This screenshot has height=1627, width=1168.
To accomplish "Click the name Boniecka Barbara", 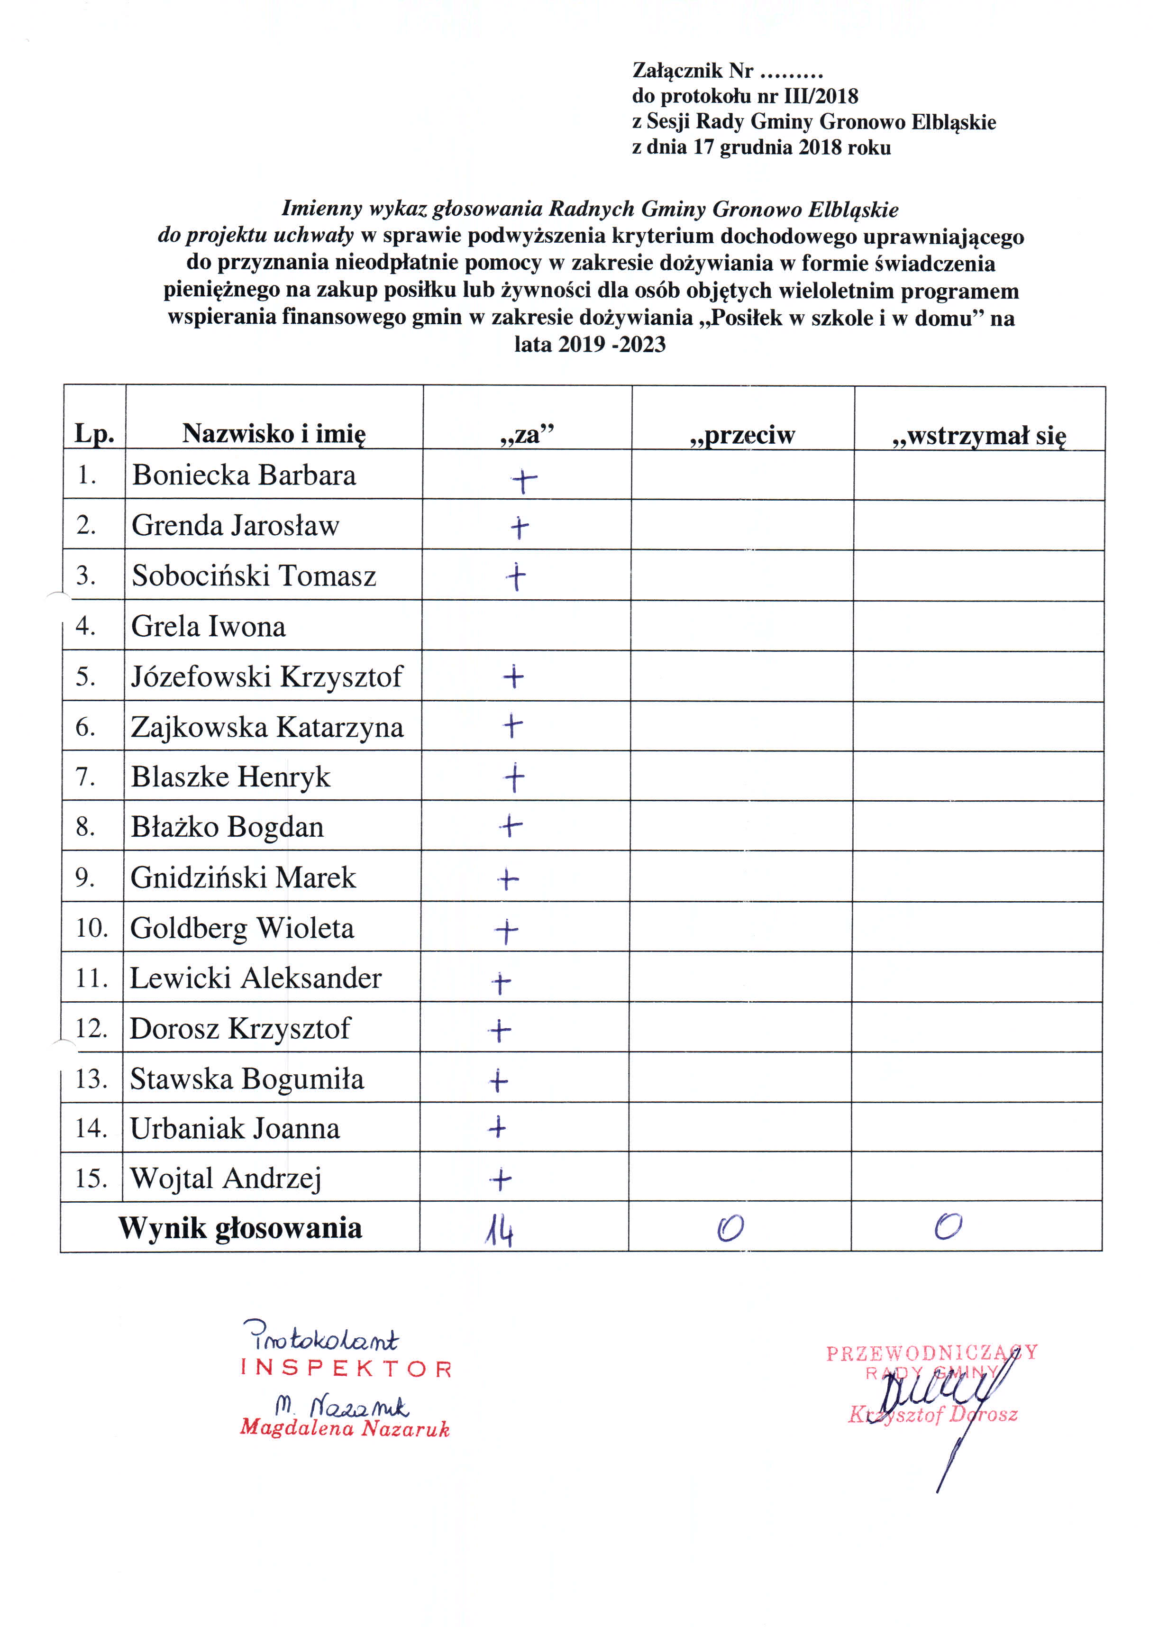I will (x=244, y=475).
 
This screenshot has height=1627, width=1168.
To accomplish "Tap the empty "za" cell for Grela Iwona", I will (x=526, y=626).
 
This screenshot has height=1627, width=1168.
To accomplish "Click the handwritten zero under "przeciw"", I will (x=730, y=1229).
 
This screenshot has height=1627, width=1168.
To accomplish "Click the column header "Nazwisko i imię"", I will (x=274, y=433).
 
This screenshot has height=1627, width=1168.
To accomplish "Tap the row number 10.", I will (x=92, y=928).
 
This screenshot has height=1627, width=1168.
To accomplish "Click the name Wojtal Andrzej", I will (x=225, y=1178).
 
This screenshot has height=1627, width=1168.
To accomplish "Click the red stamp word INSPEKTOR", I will (x=347, y=1369).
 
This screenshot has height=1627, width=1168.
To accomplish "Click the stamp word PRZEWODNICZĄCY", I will (x=931, y=1353).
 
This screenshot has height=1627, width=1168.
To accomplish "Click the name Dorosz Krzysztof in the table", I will (x=240, y=1028).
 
